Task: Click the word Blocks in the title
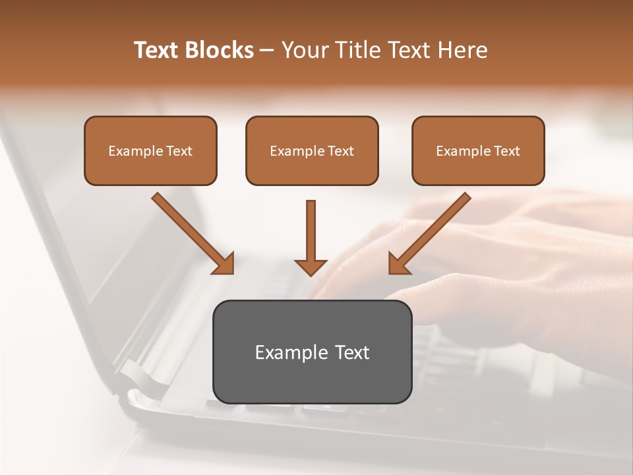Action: point(220,50)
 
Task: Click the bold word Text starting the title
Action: point(158,50)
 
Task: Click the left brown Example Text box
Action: point(150,150)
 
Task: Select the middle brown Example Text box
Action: point(312,150)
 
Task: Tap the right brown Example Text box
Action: point(478,150)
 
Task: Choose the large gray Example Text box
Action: point(312,352)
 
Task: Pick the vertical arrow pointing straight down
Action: point(311,234)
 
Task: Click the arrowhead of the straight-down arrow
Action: point(311,266)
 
